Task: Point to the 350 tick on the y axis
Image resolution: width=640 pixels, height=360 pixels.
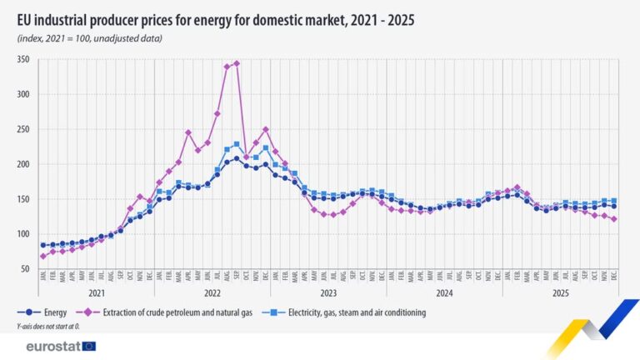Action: click(x=22, y=59)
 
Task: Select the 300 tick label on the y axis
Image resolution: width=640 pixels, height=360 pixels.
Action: click(x=22, y=94)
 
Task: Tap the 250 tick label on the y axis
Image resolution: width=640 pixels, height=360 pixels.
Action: click(x=22, y=129)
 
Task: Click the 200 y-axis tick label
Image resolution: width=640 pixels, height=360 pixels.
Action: click(x=22, y=164)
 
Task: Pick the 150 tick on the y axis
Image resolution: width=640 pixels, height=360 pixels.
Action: click(x=22, y=199)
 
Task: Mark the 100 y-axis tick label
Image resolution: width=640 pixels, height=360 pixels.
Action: click(x=22, y=234)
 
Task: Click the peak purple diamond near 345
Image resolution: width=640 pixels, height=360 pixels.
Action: click(x=237, y=63)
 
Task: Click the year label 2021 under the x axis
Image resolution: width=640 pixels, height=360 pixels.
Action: click(x=96, y=293)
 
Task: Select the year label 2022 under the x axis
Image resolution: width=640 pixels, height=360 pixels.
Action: click(x=212, y=293)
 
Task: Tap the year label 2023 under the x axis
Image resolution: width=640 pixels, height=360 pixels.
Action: click(x=328, y=293)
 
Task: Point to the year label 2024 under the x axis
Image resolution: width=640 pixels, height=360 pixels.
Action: click(x=444, y=293)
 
